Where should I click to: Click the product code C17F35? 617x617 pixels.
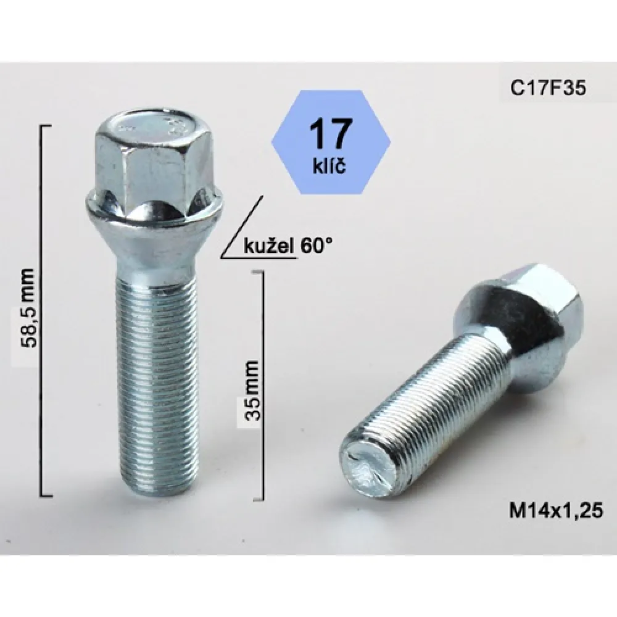548,88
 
